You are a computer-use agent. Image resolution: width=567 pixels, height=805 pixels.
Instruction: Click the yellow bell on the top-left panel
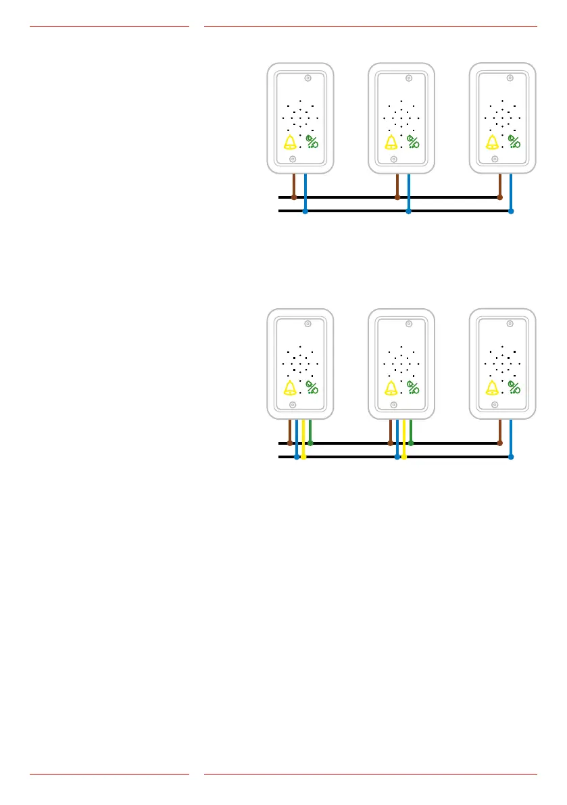(290, 142)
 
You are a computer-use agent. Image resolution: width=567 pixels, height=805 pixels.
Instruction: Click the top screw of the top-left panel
(307, 78)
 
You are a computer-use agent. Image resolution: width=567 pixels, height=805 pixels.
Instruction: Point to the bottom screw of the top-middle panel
(394, 160)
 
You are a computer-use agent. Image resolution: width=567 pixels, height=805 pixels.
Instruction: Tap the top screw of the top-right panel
(510, 78)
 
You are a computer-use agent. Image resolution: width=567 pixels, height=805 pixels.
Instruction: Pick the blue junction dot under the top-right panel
(511, 211)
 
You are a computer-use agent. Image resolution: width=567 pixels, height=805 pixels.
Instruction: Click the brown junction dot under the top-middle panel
(397, 197)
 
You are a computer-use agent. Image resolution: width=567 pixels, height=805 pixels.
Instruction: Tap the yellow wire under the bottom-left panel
(303, 436)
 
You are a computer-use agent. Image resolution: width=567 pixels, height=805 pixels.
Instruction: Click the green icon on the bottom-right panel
(514, 388)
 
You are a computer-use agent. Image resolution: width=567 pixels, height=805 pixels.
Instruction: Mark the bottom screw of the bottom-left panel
(293, 405)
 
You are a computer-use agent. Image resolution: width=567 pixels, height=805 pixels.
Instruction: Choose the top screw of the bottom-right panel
(510, 324)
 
